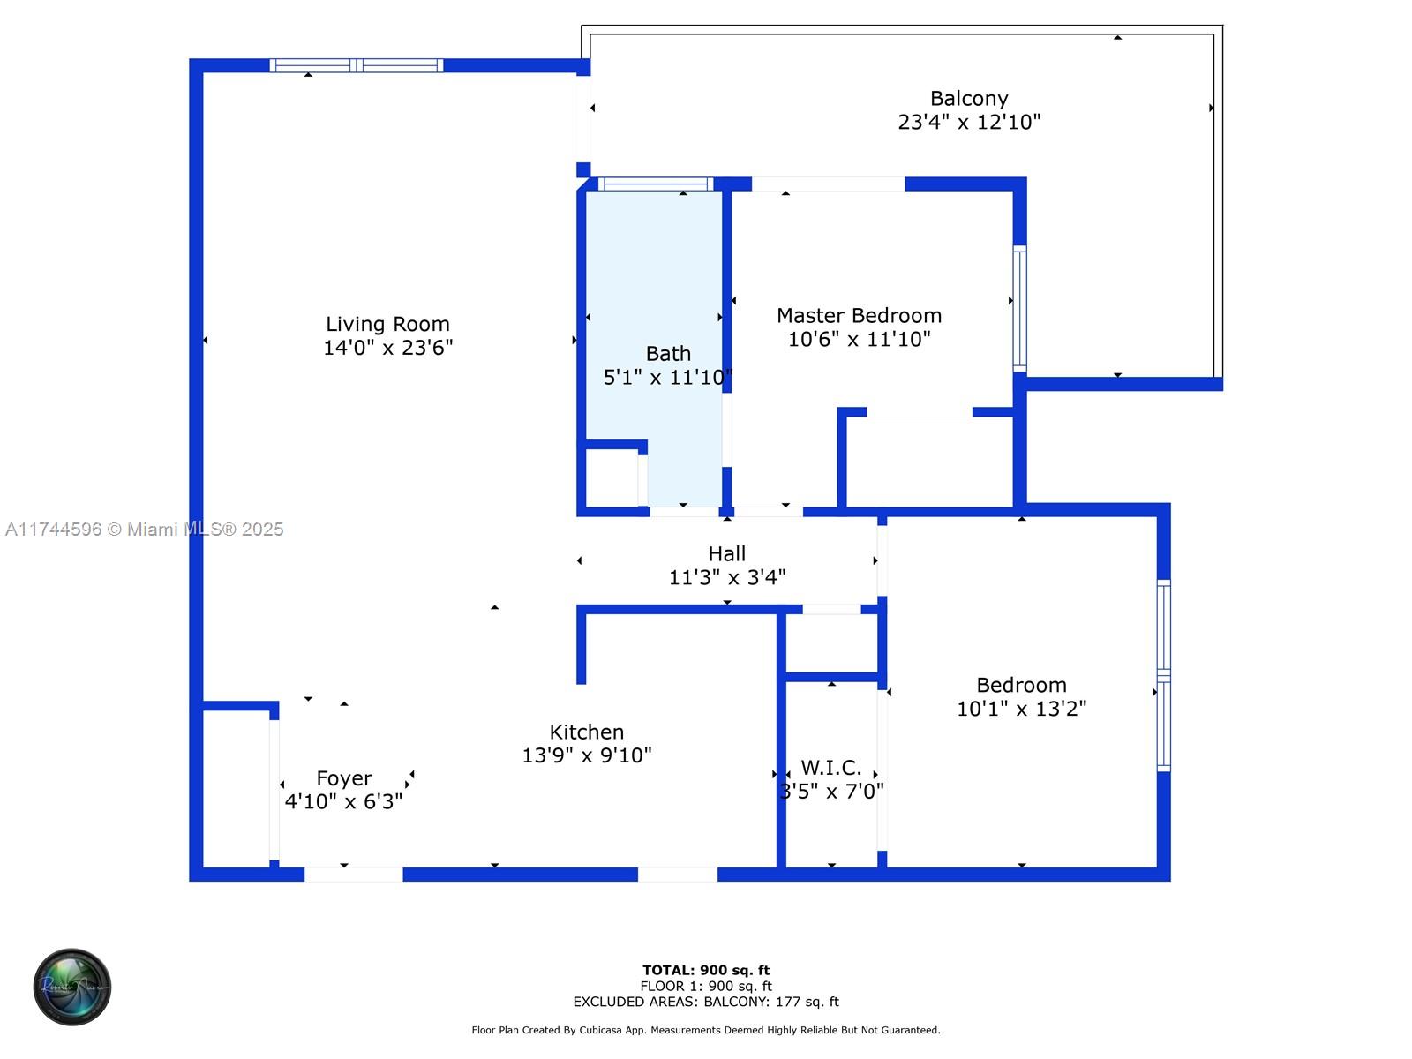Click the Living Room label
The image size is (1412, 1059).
coord(387,323)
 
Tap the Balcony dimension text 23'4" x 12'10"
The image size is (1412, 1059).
coord(969,122)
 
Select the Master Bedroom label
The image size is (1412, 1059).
coord(859,315)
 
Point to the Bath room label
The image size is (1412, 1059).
coord(668,353)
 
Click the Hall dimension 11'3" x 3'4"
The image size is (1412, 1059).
coord(727,577)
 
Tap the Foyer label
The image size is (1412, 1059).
coord(343,778)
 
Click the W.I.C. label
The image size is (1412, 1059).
coord(830,767)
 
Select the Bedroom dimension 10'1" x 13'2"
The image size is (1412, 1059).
coord(1022,708)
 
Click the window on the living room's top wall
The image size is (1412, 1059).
coord(356,65)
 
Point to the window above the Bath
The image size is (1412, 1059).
coord(656,184)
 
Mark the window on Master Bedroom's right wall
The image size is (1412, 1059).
coord(1019,308)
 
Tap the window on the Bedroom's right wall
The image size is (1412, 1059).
coord(1164,675)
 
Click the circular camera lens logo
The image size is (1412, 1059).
coord(72,987)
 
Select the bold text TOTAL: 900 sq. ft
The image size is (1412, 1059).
coord(706,970)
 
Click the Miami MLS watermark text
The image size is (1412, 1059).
coord(144,529)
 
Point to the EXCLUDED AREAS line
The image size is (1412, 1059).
coord(706,1001)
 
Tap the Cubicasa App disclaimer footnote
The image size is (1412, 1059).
coord(706,1029)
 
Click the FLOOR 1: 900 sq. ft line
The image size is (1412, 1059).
coord(706,986)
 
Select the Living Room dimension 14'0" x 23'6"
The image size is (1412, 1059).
coord(387,347)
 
